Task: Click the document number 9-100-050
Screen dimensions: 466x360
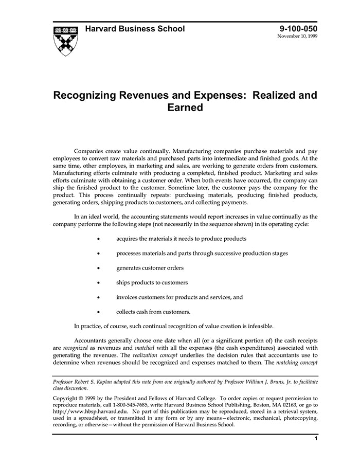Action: (x=298, y=29)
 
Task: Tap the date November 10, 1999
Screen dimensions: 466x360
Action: (x=297, y=37)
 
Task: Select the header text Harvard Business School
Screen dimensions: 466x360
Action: (x=135, y=29)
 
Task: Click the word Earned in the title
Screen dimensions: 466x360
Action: (x=185, y=107)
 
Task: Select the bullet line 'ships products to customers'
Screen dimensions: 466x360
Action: (x=152, y=282)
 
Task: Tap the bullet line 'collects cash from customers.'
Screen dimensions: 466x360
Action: (x=153, y=312)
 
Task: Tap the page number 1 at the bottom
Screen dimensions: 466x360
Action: (x=315, y=439)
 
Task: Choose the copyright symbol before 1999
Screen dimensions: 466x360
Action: (x=85, y=398)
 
